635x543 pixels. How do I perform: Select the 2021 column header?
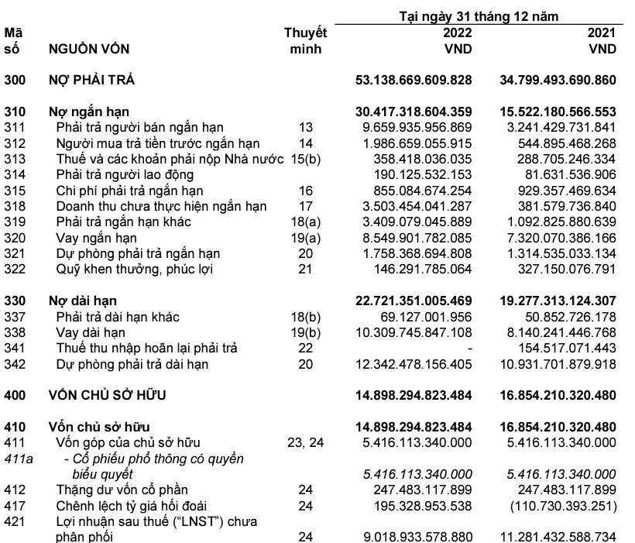(601, 34)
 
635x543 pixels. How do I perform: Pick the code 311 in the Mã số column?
(15, 126)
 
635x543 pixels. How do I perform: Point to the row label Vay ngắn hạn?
(94, 237)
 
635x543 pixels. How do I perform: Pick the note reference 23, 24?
(306, 442)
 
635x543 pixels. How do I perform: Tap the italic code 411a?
(17, 459)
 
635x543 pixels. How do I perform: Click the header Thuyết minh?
(306, 41)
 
